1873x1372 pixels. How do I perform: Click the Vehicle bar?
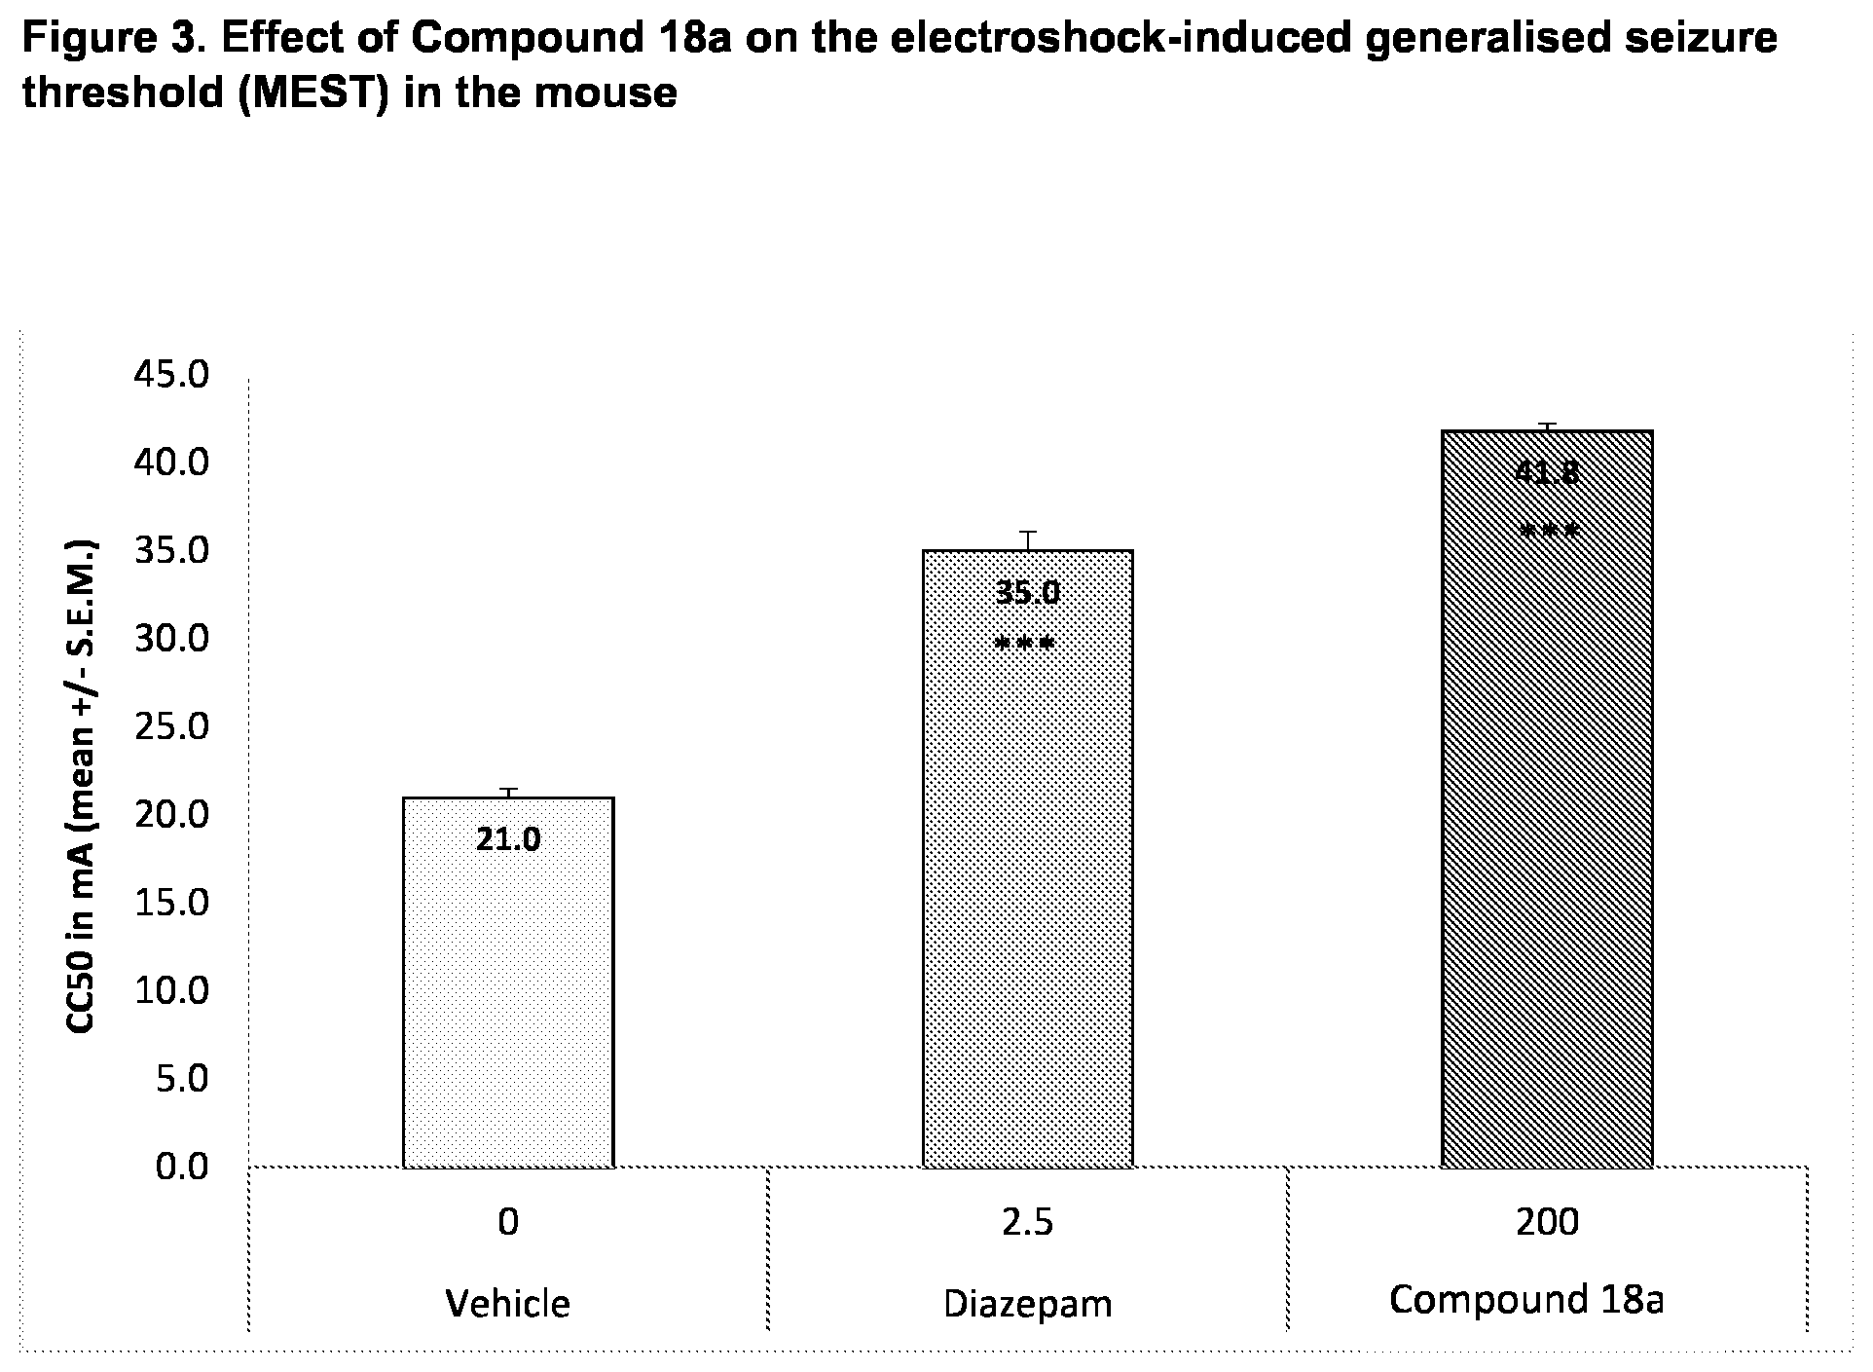tap(508, 982)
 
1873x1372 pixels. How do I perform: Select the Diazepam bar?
tap(1027, 858)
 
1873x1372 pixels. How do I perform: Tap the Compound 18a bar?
tap(1547, 798)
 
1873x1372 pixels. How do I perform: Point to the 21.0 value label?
tap(508, 838)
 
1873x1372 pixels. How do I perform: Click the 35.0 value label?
tap(1027, 591)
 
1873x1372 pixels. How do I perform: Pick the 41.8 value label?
tap(1547, 472)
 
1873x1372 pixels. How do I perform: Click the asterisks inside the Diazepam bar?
tap(1025, 644)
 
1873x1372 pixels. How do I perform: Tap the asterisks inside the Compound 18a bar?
tap(1548, 532)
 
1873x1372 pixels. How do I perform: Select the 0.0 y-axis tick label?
tap(182, 1166)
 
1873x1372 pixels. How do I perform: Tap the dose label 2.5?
tap(1027, 1221)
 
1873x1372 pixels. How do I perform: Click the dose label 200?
tap(1547, 1221)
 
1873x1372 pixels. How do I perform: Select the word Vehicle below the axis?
tap(508, 1303)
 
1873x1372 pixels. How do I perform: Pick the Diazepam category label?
tap(1027, 1304)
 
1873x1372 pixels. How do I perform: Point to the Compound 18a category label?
tap(1526, 1300)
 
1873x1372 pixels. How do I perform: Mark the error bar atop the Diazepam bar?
tap(1027, 540)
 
